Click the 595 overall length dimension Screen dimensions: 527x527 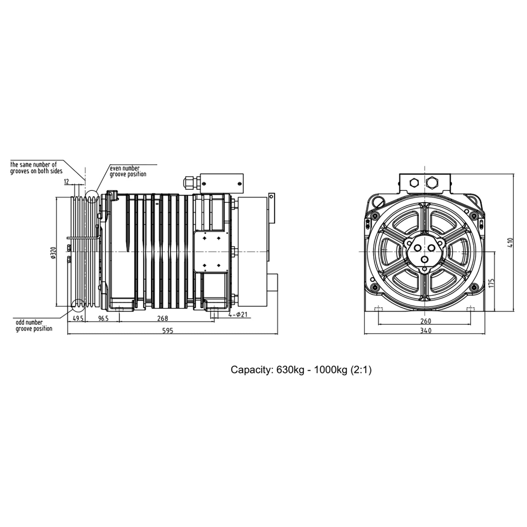point(168,331)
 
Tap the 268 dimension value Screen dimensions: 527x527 point(162,318)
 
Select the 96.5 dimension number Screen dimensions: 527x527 point(103,318)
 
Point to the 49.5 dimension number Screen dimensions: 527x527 point(78,318)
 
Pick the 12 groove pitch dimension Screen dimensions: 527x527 point(67,182)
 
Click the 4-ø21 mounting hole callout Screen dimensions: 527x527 point(238,314)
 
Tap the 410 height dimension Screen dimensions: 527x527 point(510,243)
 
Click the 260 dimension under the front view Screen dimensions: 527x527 point(426,321)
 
